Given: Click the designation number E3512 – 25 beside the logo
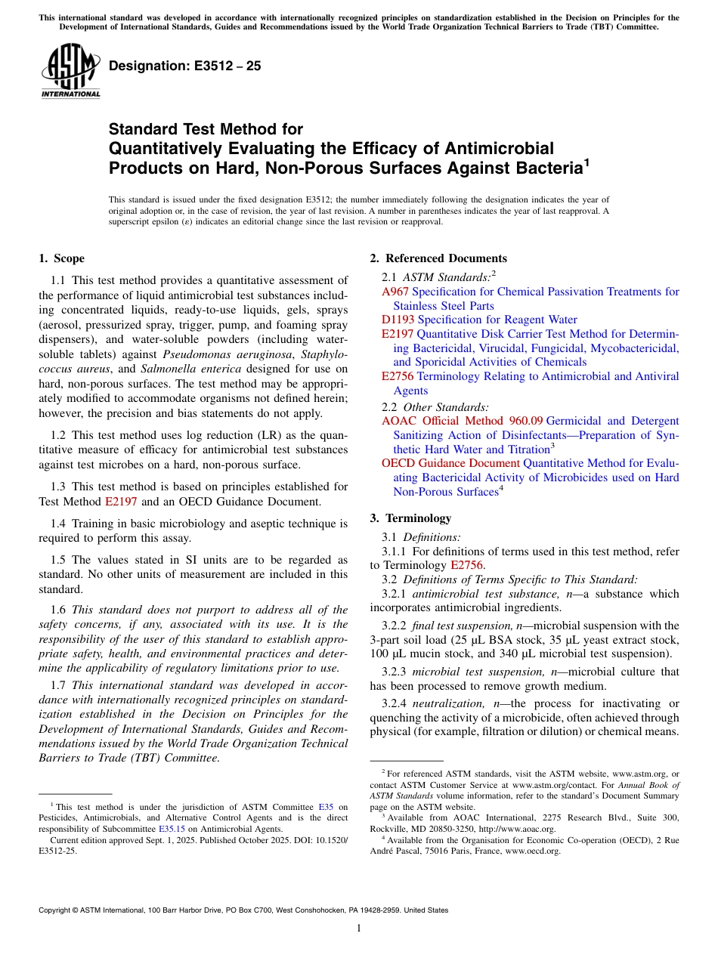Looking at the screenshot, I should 185,66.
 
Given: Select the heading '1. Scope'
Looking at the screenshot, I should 62,258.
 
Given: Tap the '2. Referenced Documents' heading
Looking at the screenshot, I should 438,258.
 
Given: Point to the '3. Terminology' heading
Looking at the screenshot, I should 410,518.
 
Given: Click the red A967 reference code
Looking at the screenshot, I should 395,292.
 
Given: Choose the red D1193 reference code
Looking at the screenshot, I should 398,320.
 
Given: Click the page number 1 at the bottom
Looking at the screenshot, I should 359,928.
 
